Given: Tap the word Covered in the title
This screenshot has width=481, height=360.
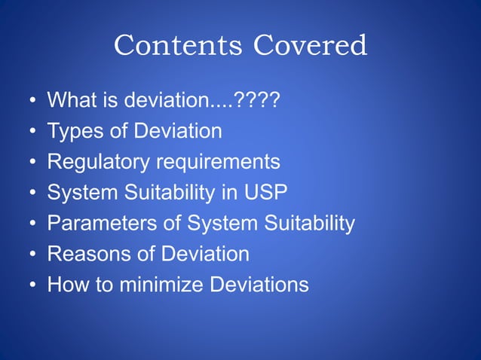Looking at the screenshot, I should click(x=311, y=47).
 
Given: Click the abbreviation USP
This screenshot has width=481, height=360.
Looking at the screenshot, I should click(x=266, y=193).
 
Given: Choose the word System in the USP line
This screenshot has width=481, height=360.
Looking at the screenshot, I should click(x=81, y=193).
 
